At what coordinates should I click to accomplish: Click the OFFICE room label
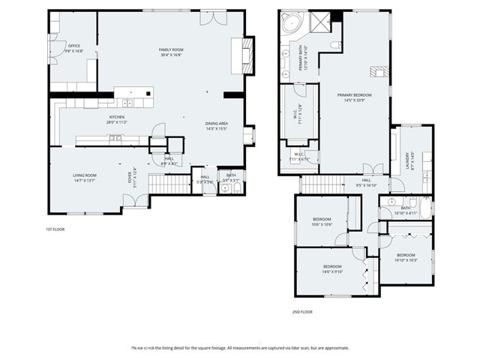(x=73, y=48)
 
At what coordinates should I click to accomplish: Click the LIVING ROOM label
(x=84, y=178)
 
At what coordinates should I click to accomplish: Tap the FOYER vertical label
(x=131, y=178)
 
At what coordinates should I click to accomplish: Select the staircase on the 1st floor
(x=163, y=181)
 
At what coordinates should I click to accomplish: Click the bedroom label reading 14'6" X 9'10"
(x=332, y=269)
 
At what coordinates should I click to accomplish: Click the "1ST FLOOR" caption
(x=54, y=229)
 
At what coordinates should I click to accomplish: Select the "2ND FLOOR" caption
(x=301, y=311)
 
